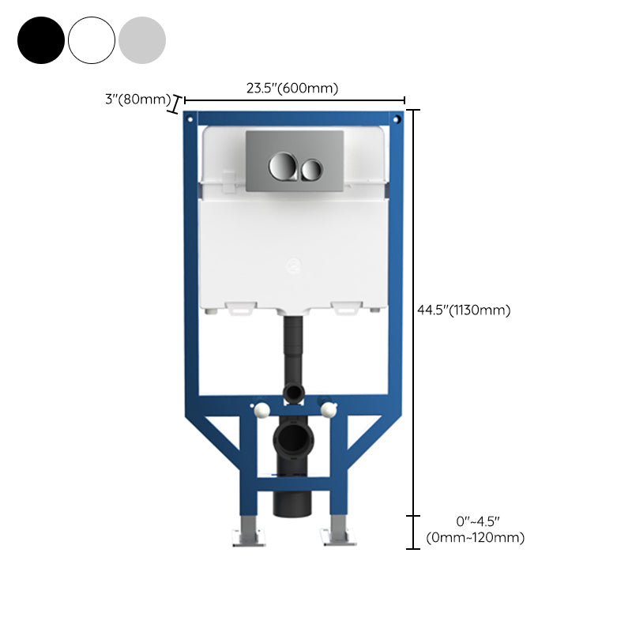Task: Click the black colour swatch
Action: pos(41,39)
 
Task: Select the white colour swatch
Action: pos(92,39)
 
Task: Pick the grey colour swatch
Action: pos(142,39)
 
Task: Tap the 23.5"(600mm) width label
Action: pos(292,88)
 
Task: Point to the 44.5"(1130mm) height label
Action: pos(464,310)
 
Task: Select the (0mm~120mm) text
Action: pos(475,538)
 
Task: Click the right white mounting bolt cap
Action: pos(327,408)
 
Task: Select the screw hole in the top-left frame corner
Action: pos(190,119)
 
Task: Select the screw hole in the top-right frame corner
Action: pos(397,119)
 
